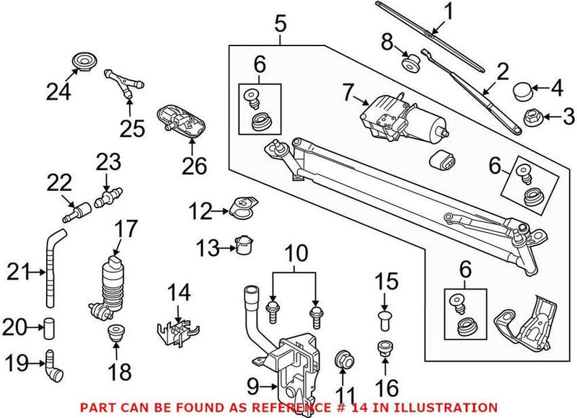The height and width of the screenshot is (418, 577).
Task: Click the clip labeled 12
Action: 242,208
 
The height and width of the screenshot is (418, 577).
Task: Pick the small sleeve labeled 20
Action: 49,328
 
